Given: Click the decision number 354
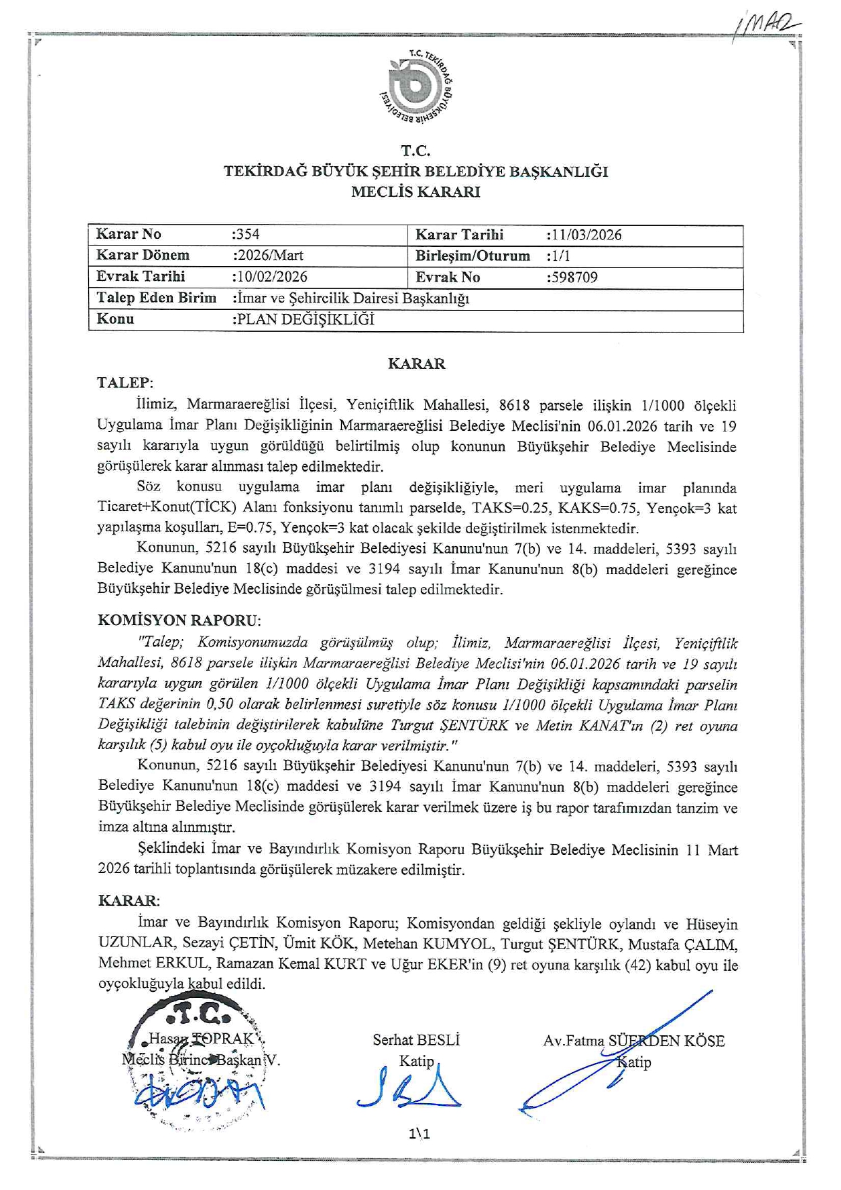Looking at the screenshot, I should click(247, 234).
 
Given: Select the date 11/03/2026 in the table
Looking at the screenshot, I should click(585, 235).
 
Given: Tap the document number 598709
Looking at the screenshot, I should click(573, 277).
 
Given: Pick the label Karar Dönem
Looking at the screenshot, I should click(142, 255).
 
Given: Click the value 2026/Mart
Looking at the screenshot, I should click(269, 255).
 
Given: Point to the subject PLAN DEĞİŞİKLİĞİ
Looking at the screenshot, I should click(305, 320).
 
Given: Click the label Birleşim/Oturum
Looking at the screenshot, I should click(472, 256).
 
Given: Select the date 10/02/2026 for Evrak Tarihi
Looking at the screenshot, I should click(271, 277).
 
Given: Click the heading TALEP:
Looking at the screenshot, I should click(125, 383).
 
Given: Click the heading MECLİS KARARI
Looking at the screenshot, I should click(415, 192).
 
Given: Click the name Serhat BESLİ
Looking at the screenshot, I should click(416, 1040).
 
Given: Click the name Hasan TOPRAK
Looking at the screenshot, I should click(201, 1039).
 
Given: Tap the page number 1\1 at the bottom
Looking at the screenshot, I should click(419, 1134).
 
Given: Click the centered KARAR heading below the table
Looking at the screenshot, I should click(416, 364).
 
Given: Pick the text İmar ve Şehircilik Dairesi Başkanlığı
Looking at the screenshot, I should click(352, 298).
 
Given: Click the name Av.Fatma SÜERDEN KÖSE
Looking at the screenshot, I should click(633, 1041).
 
